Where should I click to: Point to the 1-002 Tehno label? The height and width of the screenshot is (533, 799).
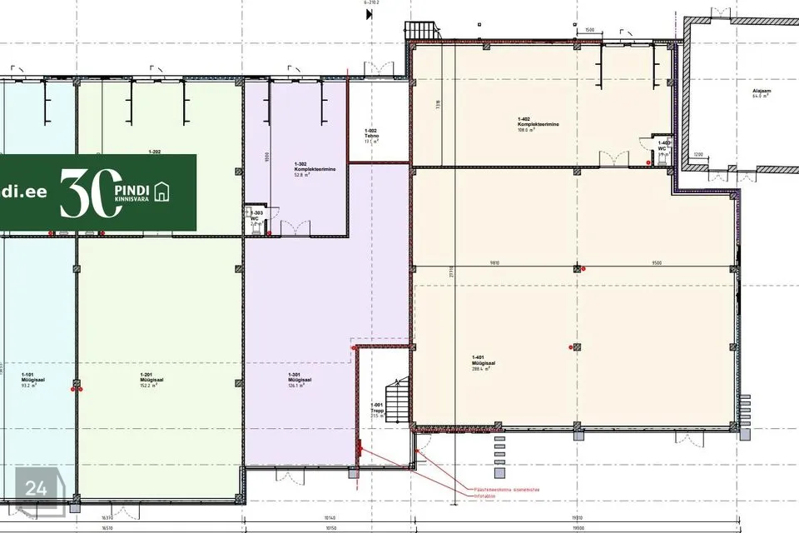click(371, 137)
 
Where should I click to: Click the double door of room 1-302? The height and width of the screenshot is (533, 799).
click(295, 227)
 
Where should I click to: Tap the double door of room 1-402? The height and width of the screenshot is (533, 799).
click(615, 157)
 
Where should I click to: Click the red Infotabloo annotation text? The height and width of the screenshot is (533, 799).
click(486, 496)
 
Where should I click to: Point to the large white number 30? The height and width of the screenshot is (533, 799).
click(87, 192)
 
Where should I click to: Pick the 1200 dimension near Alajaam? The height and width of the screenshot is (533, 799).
click(698, 154)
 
